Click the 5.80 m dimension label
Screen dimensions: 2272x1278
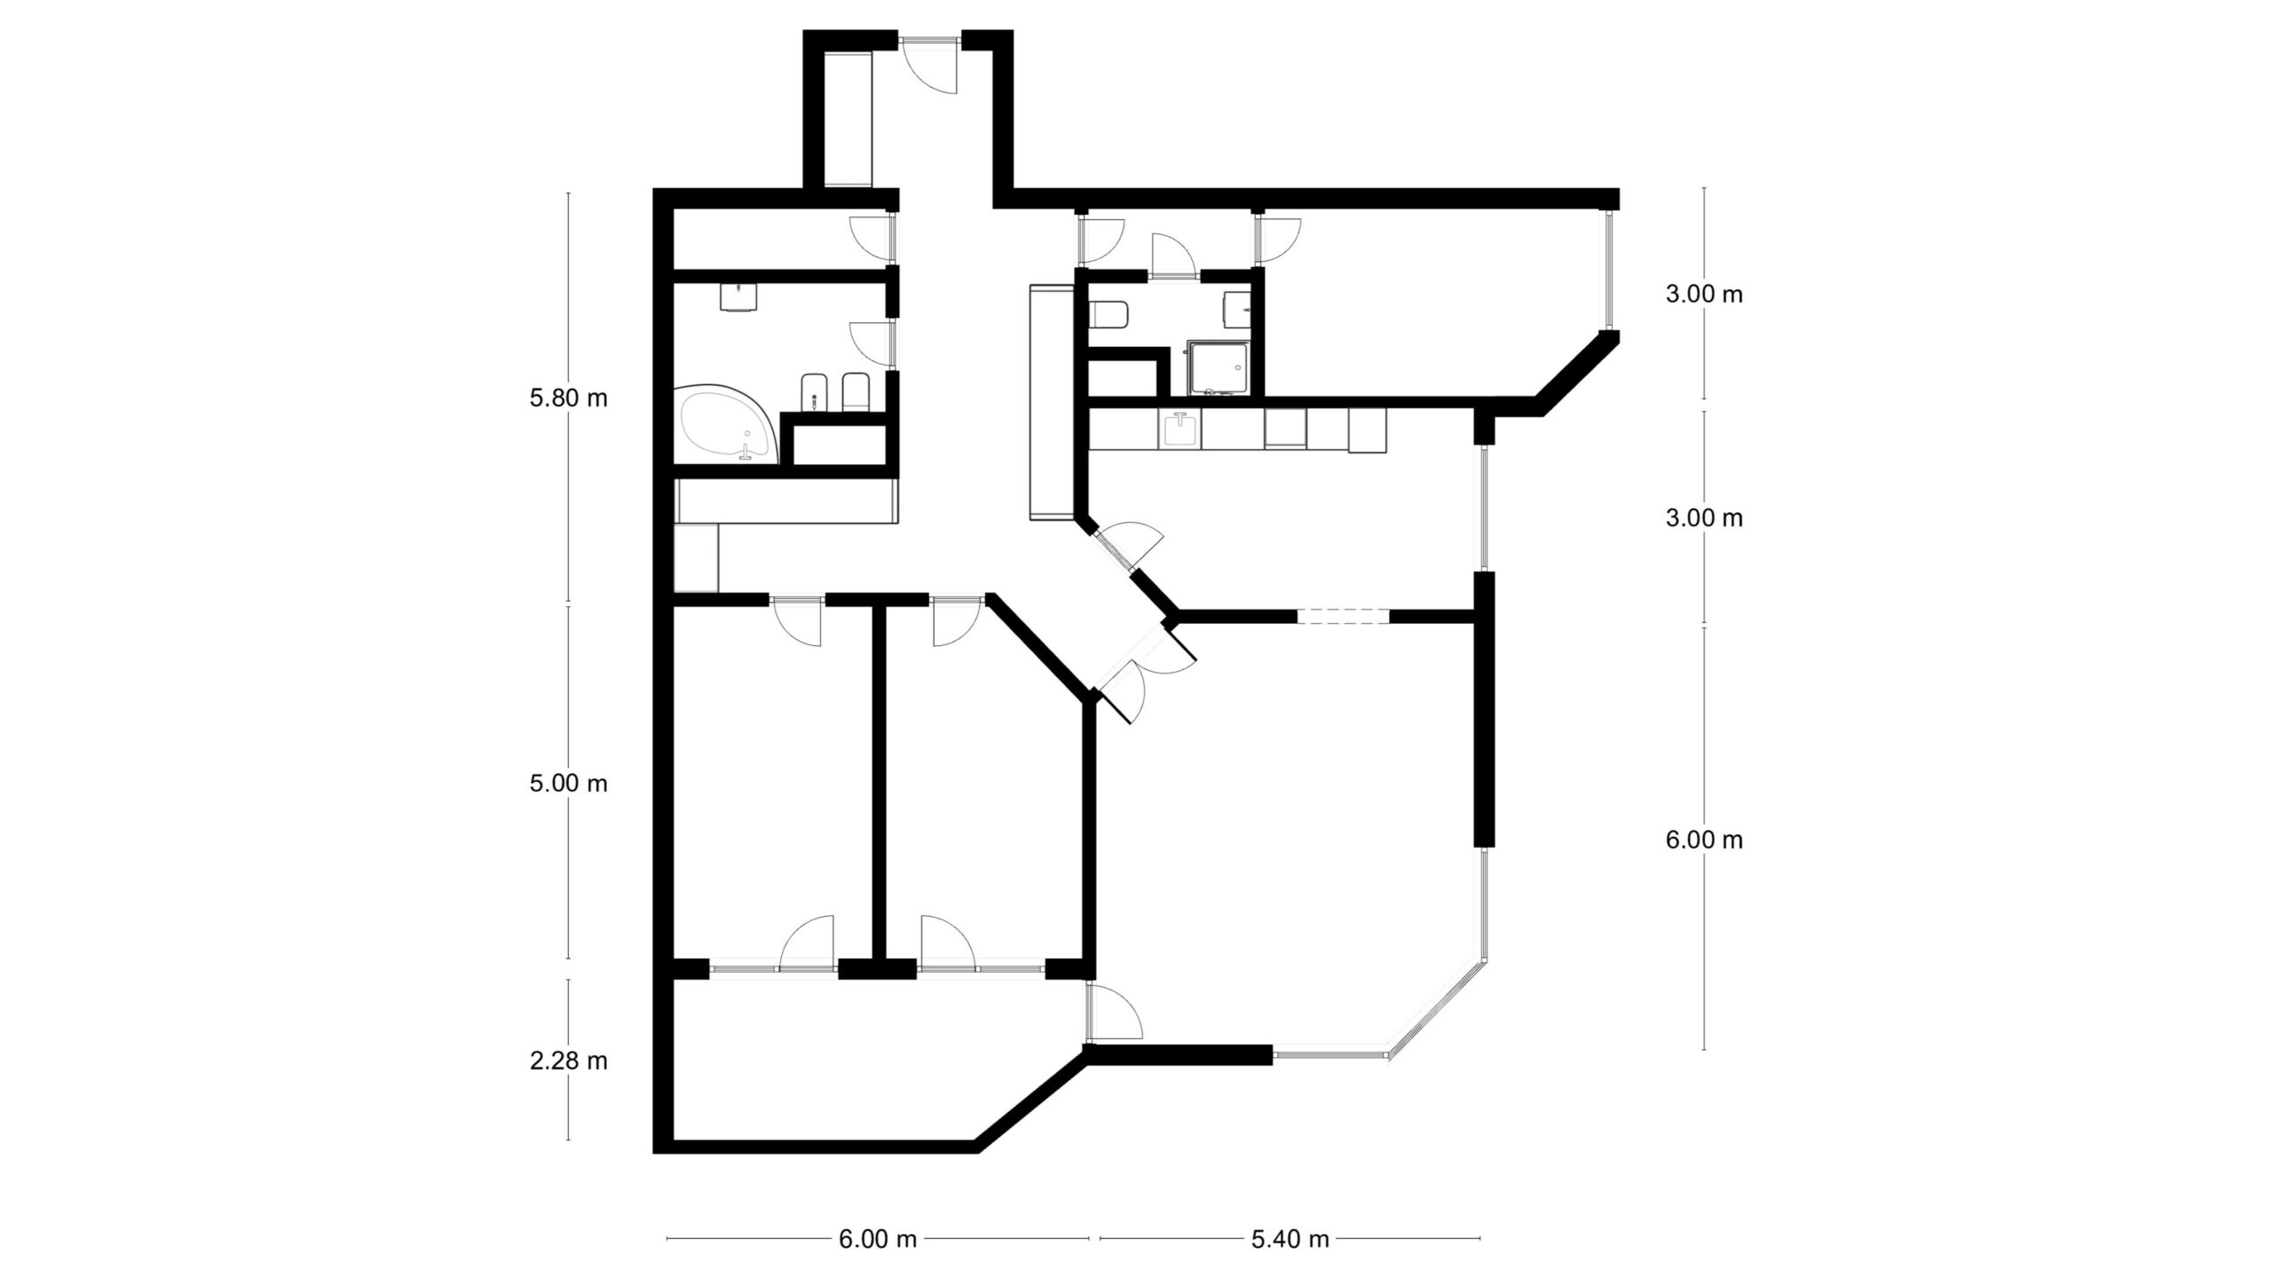[568, 398]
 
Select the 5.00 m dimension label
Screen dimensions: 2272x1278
[568, 784]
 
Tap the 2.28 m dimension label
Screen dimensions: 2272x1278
[568, 1061]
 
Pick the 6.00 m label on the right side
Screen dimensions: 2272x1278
[1704, 840]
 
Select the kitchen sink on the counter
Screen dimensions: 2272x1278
[1180, 431]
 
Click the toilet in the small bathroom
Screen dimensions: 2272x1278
[1108, 313]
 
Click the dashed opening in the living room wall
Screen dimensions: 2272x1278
[1342, 616]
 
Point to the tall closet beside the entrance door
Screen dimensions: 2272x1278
[848, 118]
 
